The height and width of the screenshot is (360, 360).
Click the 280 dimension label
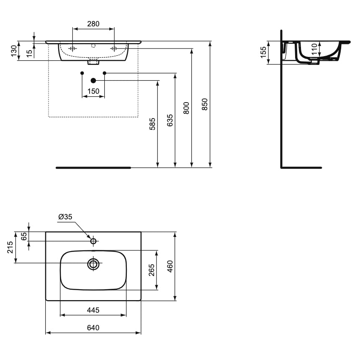point(93,24)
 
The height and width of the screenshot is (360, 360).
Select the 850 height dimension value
point(205,104)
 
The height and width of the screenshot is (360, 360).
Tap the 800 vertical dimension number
point(187,108)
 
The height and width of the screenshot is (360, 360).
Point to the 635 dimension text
point(170,121)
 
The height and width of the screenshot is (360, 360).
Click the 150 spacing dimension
point(93,91)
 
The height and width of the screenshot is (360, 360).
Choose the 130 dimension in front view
point(14,51)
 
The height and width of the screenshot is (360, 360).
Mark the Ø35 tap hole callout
point(66,217)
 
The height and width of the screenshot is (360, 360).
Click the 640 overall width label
point(93,328)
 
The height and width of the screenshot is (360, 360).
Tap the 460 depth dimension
point(170,266)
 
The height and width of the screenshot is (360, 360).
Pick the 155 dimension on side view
point(263,53)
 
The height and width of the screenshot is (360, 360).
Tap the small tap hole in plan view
point(93,241)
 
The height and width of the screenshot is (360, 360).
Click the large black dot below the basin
point(93,80)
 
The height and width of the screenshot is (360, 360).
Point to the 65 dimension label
point(24,236)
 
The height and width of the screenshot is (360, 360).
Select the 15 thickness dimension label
point(29,53)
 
